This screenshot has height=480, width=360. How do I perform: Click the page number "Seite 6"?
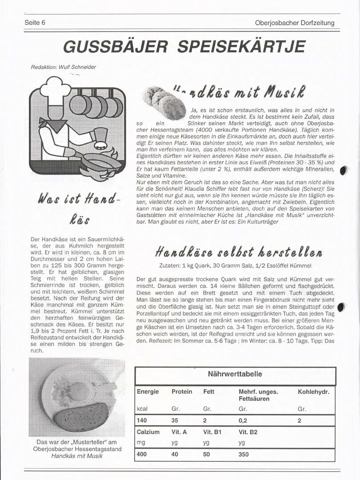(x=35, y=23)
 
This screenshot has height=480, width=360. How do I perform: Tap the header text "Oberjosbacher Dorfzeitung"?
(x=295, y=23)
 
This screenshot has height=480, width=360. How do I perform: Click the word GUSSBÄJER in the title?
(x=115, y=46)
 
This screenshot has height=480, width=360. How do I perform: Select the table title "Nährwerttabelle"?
(x=235, y=374)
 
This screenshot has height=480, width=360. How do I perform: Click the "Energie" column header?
(x=148, y=392)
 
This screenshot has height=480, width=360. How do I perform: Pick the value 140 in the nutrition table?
(x=142, y=420)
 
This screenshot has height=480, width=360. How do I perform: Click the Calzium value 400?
(x=142, y=455)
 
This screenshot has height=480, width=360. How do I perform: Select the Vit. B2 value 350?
(x=244, y=455)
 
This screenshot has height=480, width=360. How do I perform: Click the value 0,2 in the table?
(x=243, y=420)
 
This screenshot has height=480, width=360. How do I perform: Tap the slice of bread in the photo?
(x=81, y=415)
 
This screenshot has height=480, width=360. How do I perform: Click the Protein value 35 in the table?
(x=175, y=420)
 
